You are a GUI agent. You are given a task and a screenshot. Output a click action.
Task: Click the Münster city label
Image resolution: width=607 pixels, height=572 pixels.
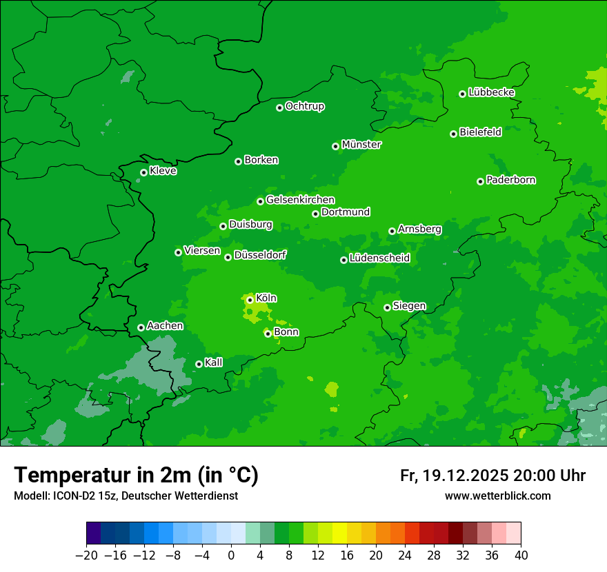tap(361, 145)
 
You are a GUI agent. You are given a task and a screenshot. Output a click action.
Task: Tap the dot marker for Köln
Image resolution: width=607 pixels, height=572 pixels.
tap(250, 300)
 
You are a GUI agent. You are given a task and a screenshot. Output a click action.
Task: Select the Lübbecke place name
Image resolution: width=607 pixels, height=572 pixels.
tap(491, 92)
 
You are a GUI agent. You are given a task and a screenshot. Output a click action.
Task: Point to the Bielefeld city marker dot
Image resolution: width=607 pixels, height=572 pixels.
tap(454, 134)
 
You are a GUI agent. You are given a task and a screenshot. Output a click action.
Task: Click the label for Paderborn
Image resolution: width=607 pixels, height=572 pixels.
tap(510, 180)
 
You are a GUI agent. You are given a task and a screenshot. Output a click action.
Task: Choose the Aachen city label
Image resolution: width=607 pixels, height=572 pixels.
tap(165, 326)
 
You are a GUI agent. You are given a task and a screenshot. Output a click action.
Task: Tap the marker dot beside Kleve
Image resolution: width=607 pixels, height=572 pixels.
tap(143, 172)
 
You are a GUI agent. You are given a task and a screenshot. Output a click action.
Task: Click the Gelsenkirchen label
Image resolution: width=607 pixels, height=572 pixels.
tap(300, 200)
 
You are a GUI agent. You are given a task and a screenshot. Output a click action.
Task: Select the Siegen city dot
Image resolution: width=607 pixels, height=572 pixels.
tap(387, 307)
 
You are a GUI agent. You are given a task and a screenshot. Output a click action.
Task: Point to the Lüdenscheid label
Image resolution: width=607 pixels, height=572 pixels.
tap(379, 258)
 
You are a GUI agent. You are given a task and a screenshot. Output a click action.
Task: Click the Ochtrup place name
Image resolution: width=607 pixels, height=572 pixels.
tap(305, 106)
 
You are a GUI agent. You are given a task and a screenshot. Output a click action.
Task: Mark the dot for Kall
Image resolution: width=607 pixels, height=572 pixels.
tap(199, 364)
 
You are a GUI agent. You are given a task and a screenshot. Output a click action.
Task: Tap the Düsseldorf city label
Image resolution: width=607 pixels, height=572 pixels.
tap(260, 255)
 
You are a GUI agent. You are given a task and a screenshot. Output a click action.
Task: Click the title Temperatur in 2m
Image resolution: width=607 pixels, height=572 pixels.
tap(136, 475)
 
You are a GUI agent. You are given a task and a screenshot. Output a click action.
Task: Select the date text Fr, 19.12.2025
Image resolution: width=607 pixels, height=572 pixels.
tap(454, 476)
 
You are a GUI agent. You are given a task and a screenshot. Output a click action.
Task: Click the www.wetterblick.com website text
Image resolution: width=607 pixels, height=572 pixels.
tap(497, 496)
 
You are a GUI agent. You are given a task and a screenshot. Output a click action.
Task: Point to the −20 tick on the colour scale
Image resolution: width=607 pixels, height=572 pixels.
tap(87, 555)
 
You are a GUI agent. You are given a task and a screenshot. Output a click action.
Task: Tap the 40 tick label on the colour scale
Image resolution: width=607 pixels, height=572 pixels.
tap(521, 555)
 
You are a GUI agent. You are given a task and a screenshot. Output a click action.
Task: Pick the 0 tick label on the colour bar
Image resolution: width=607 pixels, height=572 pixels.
tap(231, 555)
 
